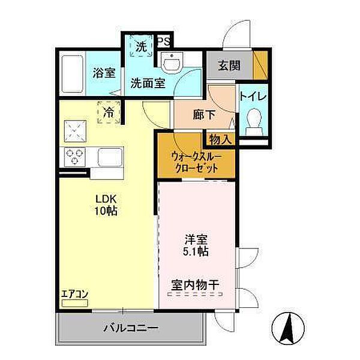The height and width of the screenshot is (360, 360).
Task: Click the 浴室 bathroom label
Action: tap(104, 73)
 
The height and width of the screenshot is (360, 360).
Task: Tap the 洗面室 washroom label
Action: tap(148, 83)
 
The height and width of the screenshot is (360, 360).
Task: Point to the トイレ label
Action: tap(253, 95)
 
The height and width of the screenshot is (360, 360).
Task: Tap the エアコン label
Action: tap(74, 295)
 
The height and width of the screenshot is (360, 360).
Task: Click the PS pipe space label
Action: tap(163, 42)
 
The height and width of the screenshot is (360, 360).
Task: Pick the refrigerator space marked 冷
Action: tap(109, 112)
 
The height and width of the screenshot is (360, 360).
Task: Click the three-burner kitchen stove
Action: tap(75, 156)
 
